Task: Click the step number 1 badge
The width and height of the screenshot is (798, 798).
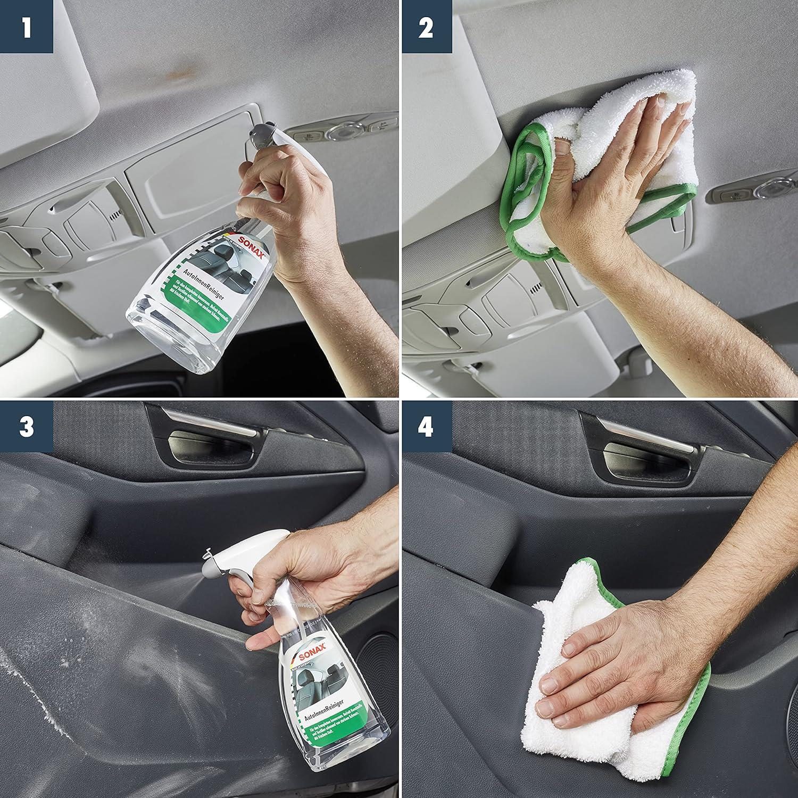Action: [x=26, y=27]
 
